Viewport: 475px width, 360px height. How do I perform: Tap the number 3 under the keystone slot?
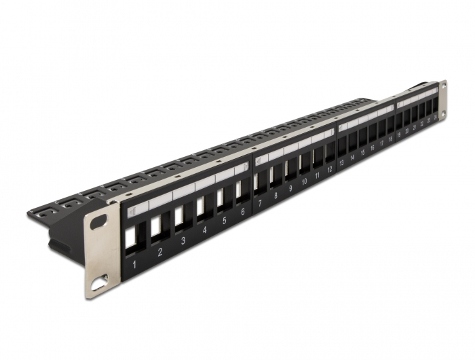pos(183,240)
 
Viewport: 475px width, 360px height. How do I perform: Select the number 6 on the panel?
pos(242,213)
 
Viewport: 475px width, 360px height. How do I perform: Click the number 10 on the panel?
pos(305,183)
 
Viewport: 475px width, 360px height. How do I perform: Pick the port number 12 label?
pos(330,170)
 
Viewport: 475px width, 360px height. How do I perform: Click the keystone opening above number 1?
pos(131,238)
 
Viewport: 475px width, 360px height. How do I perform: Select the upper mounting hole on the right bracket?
pos(444,86)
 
